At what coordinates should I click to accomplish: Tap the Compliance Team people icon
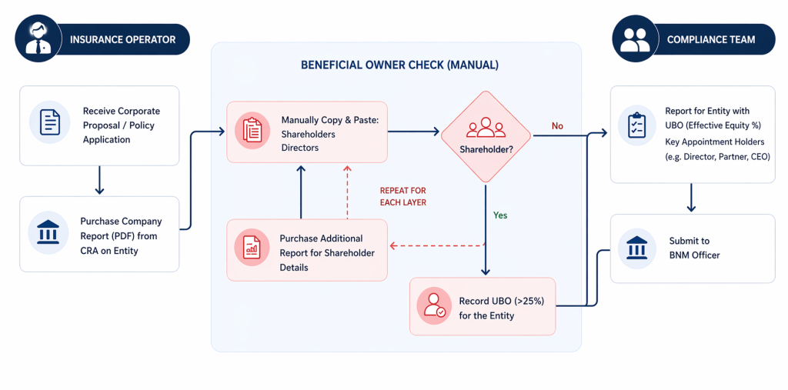(636, 38)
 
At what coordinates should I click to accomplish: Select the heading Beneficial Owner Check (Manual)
(399, 65)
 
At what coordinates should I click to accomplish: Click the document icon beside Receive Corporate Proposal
(50, 122)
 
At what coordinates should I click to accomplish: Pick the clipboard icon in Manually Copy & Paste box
(252, 131)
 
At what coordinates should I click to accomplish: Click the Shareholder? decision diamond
(486, 136)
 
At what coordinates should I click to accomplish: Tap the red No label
(557, 125)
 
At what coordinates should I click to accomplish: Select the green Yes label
(500, 215)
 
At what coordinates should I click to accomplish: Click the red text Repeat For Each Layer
(402, 196)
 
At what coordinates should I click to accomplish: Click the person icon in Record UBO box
(433, 305)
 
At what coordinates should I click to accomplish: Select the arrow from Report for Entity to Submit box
(691, 198)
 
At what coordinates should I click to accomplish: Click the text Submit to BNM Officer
(694, 248)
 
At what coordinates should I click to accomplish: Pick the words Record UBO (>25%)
(501, 301)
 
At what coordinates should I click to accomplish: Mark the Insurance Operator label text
(122, 39)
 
